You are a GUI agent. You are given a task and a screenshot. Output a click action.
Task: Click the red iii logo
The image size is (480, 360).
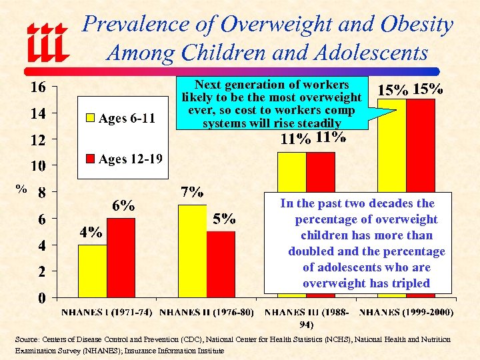47,43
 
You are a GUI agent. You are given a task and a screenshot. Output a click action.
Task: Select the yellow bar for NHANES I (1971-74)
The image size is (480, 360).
92,271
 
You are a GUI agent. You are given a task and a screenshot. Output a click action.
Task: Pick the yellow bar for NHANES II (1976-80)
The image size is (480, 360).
192,251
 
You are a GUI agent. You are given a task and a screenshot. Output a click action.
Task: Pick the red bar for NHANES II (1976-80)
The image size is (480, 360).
221,264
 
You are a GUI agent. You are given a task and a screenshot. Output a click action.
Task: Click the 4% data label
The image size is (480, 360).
91,233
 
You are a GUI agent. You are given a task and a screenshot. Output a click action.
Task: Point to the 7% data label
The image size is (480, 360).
192,193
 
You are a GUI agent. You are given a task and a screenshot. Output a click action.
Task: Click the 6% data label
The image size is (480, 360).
123,205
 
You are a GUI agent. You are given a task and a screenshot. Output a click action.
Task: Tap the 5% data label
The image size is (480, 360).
224,218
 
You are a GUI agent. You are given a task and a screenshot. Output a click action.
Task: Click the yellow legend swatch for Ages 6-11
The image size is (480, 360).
90,119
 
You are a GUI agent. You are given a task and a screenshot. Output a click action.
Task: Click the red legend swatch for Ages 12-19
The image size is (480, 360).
90,159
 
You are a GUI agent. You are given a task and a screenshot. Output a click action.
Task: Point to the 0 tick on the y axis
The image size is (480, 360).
41,297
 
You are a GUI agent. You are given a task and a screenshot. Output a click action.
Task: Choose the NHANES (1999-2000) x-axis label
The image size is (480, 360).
407,312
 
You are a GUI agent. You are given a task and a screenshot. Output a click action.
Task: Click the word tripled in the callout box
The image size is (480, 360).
406,283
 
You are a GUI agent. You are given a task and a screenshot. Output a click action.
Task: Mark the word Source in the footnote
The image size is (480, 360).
27,339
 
